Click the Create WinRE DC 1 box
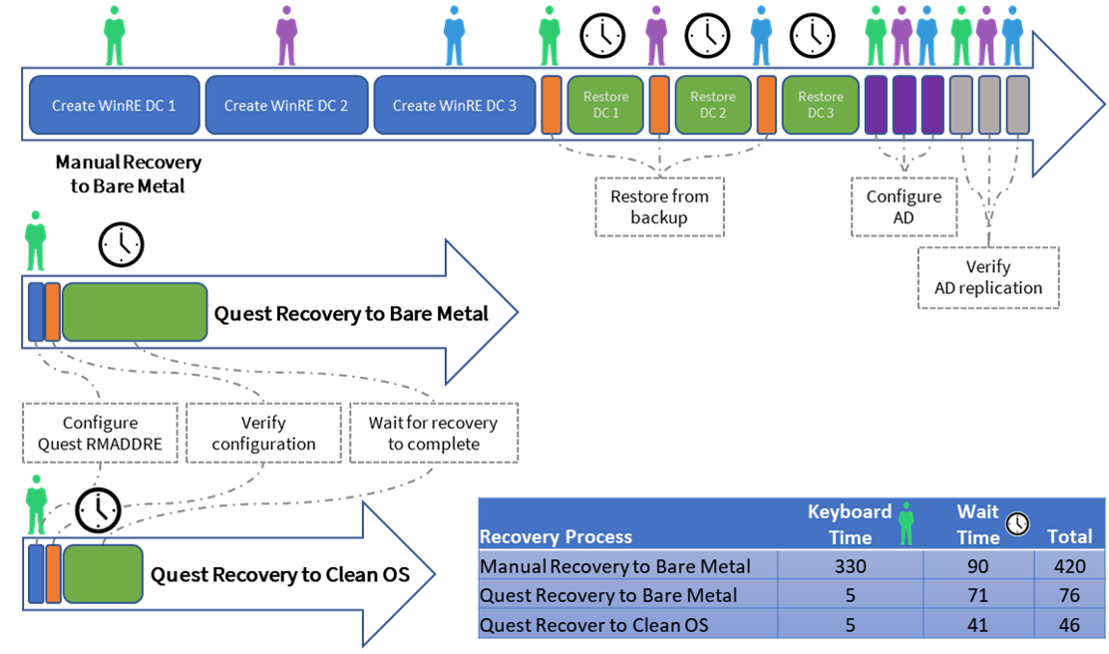pyautogui.click(x=114, y=105)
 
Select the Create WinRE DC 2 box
pyautogui.click(x=286, y=105)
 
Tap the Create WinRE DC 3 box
pyautogui.click(x=455, y=105)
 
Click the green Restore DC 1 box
pyautogui.click(x=606, y=105)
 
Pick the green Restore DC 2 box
pyautogui.click(x=713, y=105)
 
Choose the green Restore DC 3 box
pyautogui.click(x=821, y=105)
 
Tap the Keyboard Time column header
pyautogui.click(x=850, y=523)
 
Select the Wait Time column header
pyautogui.click(x=978, y=523)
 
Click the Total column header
pyautogui.click(x=1069, y=536)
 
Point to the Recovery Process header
pyautogui.click(x=555, y=536)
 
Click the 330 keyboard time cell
pyautogui.click(x=850, y=566)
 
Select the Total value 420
pyautogui.click(x=1069, y=566)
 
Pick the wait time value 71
pyautogui.click(x=978, y=595)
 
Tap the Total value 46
pyautogui.click(x=1069, y=625)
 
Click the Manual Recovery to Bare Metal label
pyautogui.click(x=614, y=566)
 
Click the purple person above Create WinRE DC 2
pyautogui.click(x=287, y=36)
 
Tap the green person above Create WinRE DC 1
pyautogui.click(x=115, y=36)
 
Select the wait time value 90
pyautogui.click(x=978, y=566)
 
